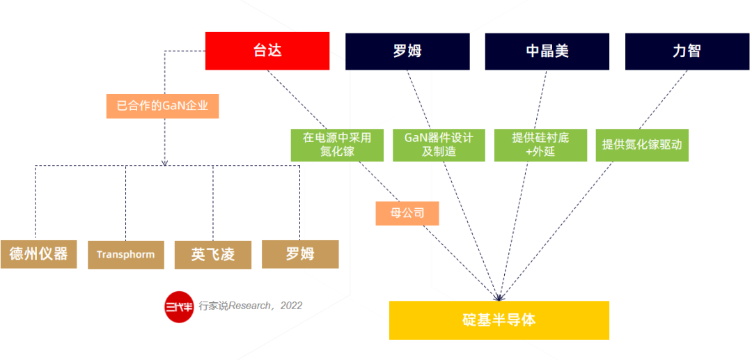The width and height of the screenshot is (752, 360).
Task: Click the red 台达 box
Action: click(267, 51)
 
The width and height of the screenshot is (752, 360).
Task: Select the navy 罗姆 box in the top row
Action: click(407, 51)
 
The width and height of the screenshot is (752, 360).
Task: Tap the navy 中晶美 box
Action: click(547, 51)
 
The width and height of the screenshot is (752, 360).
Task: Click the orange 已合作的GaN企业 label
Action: click(162, 107)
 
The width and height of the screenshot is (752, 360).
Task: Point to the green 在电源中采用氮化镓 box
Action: click(337, 144)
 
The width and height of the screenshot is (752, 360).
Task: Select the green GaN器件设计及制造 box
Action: click(439, 144)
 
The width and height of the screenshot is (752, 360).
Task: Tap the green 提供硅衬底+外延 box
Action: click(540, 144)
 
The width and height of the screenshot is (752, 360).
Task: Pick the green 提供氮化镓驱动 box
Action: click(642, 145)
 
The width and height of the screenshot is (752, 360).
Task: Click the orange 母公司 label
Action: click(407, 212)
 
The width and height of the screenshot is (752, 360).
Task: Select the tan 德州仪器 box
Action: click(38, 254)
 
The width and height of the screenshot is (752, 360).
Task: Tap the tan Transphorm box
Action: click(125, 255)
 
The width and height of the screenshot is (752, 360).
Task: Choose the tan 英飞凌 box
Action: click(213, 255)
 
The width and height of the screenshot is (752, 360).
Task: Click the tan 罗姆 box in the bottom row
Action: click(300, 254)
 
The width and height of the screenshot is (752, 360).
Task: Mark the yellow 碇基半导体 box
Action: click(499, 320)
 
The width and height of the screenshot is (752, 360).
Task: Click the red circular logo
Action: click(179, 306)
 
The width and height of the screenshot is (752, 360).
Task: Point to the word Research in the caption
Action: click(249, 306)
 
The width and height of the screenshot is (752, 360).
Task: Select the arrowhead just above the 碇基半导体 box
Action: click(499, 297)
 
